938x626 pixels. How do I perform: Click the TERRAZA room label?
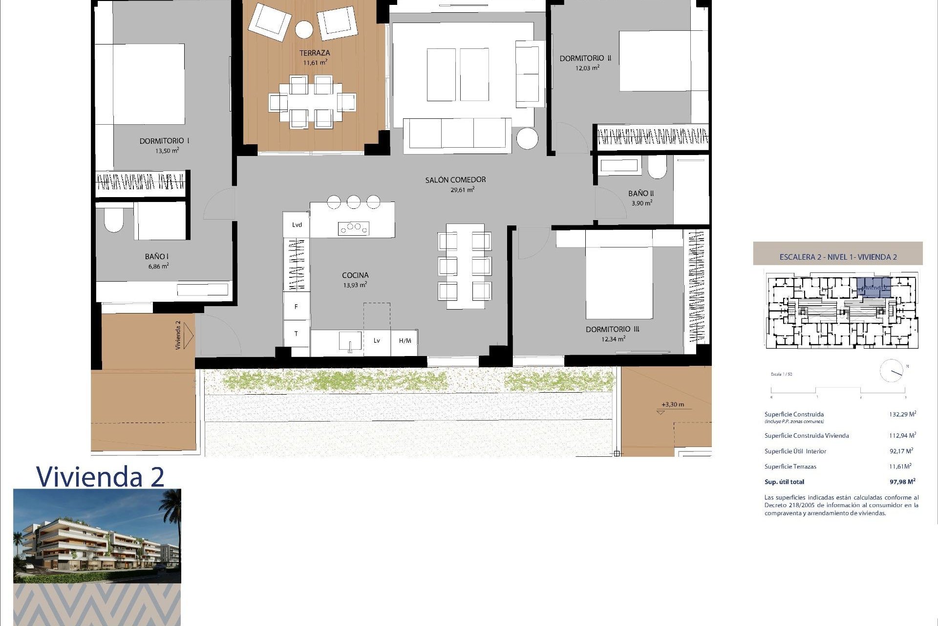click(x=315, y=53)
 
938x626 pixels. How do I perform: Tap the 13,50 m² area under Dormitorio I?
click(x=167, y=151)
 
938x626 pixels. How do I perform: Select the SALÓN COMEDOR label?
click(x=455, y=179)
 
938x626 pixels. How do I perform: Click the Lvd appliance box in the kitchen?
click(x=297, y=225)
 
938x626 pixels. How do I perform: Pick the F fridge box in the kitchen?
click(x=296, y=307)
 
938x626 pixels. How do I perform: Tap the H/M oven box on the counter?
click(x=405, y=341)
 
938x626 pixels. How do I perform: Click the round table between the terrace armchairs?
click(x=304, y=29)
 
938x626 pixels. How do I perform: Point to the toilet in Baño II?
click(x=657, y=168)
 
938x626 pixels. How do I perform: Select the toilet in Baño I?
click(x=113, y=221)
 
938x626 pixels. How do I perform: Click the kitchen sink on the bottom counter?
click(x=350, y=341)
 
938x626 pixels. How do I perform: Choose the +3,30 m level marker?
click(x=672, y=404)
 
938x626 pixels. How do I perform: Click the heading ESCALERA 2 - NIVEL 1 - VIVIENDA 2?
click(x=838, y=257)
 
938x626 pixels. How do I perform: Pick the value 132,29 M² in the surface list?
click(x=902, y=414)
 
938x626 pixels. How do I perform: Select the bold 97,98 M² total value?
click(x=902, y=482)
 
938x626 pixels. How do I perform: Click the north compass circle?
click(x=891, y=371)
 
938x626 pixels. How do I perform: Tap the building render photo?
click(x=97, y=536)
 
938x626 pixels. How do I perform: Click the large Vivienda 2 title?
click(x=100, y=476)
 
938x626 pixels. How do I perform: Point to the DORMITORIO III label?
click(x=612, y=329)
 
